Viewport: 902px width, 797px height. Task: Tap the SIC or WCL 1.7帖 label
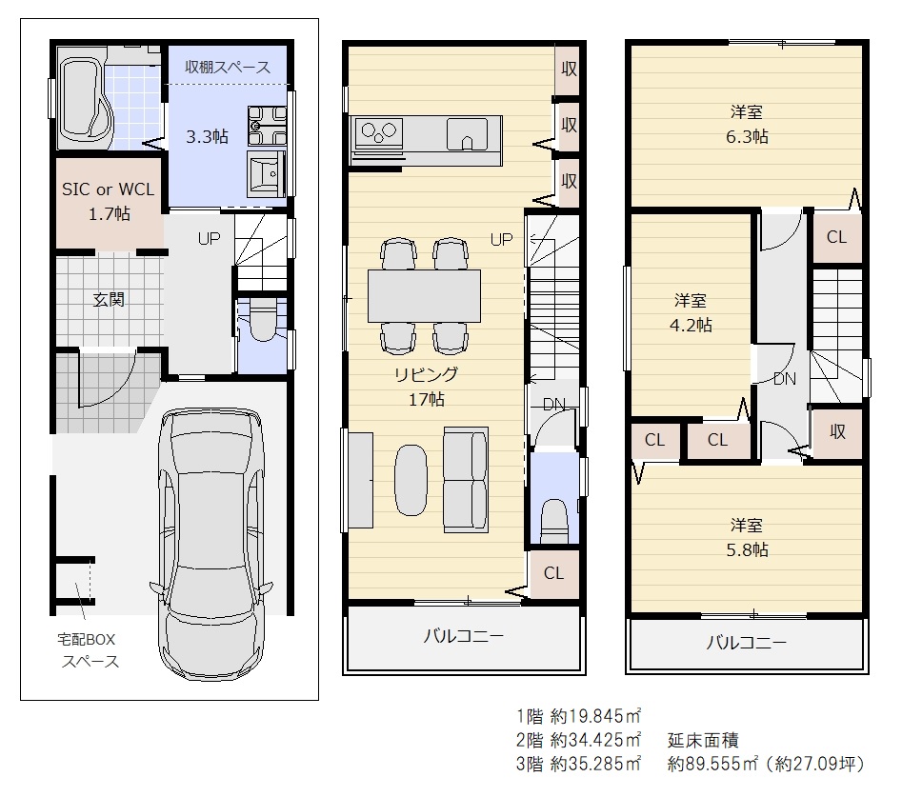[x=109, y=201]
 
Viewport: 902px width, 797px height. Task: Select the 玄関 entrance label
[x=109, y=300]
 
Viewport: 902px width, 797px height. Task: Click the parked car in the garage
[x=211, y=544]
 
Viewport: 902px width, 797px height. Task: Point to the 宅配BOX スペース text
[x=88, y=650]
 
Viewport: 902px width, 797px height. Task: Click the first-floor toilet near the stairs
[x=262, y=320]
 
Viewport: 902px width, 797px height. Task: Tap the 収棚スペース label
[x=228, y=67]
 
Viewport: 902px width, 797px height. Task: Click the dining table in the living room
[x=424, y=295]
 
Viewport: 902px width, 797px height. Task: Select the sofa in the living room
[x=466, y=480]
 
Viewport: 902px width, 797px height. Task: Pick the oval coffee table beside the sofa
[x=411, y=480]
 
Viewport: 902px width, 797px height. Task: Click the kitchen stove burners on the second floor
[x=378, y=132]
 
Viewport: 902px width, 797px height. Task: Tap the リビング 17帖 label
[x=427, y=387]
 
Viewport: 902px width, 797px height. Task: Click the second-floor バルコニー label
[x=464, y=635]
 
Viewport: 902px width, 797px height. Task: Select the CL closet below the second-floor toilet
[x=553, y=573]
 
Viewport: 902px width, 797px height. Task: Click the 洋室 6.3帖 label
[x=747, y=124]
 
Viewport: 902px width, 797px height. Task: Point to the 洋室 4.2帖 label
[x=691, y=313]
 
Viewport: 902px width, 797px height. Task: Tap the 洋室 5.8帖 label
[x=747, y=538]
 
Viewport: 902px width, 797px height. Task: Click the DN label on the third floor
[x=785, y=378]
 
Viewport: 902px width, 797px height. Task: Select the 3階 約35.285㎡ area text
[x=578, y=764]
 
